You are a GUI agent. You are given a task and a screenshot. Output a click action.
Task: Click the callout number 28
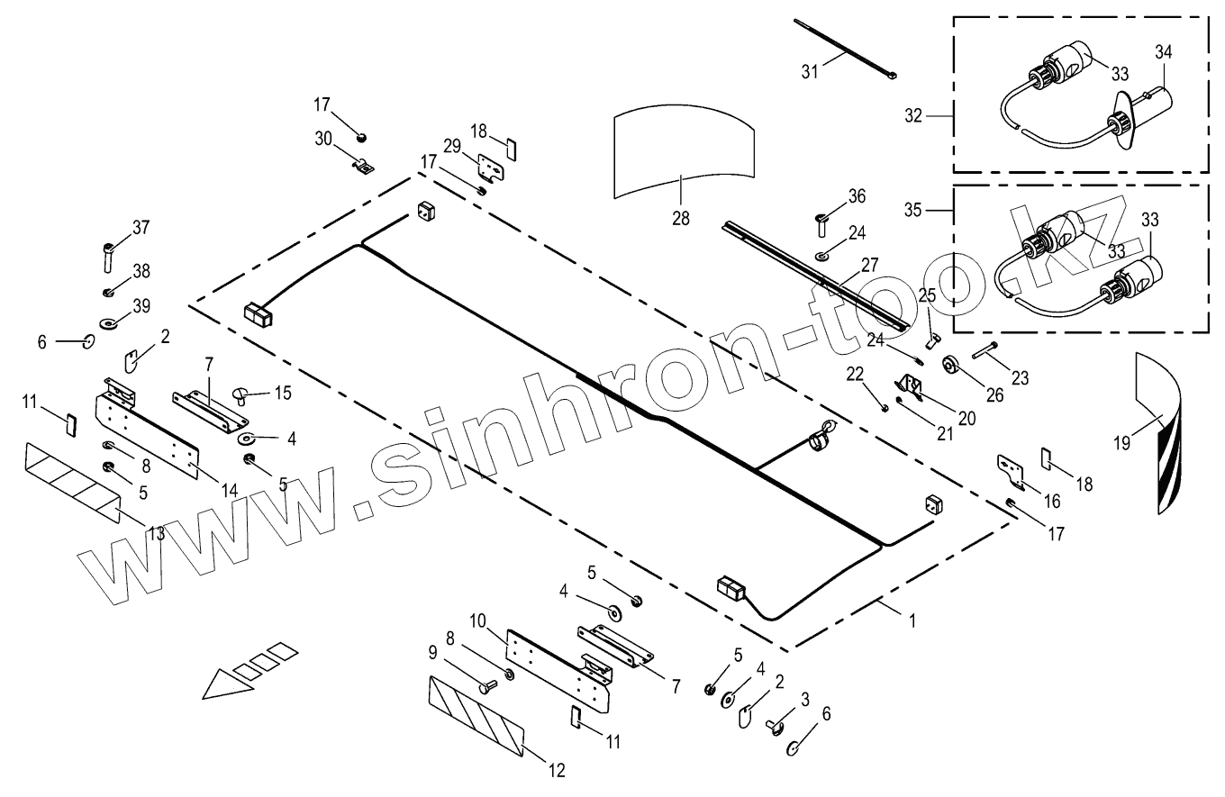point(681,219)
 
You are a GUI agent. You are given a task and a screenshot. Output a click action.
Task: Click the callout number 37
point(141,227)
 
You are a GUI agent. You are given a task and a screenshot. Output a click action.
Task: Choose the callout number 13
point(156,533)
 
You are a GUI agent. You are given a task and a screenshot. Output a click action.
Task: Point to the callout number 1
point(913,620)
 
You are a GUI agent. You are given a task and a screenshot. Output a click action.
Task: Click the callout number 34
point(1163,53)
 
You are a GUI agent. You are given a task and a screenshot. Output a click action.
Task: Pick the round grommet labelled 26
point(950,365)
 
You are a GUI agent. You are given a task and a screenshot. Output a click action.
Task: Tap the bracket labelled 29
point(489,168)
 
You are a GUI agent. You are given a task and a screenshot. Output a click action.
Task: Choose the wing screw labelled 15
point(240,392)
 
